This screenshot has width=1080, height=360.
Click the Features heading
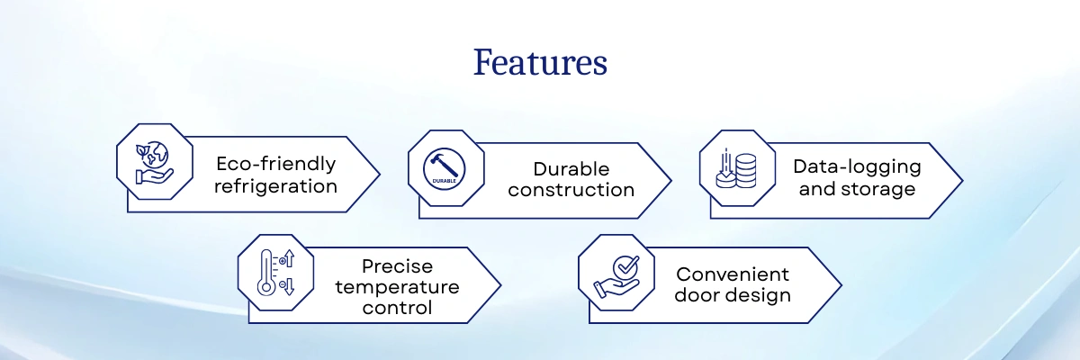(540, 63)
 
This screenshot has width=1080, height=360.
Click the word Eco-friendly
(275, 164)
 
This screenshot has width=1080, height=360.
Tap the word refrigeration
(275, 186)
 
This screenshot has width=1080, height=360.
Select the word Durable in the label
(571, 169)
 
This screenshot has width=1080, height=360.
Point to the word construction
(571, 190)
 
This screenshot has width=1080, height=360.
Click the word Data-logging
(857, 166)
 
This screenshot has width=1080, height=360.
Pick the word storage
(882, 189)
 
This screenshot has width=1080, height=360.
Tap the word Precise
(397, 266)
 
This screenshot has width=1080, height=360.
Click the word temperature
(397, 287)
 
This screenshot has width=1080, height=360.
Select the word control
(397, 308)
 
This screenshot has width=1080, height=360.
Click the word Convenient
(733, 274)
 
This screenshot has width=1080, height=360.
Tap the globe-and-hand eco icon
(155, 161)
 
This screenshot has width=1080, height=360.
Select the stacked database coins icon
(737, 167)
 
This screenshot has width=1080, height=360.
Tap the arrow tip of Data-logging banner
(959, 180)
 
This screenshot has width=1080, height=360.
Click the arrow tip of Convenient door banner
(839, 285)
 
